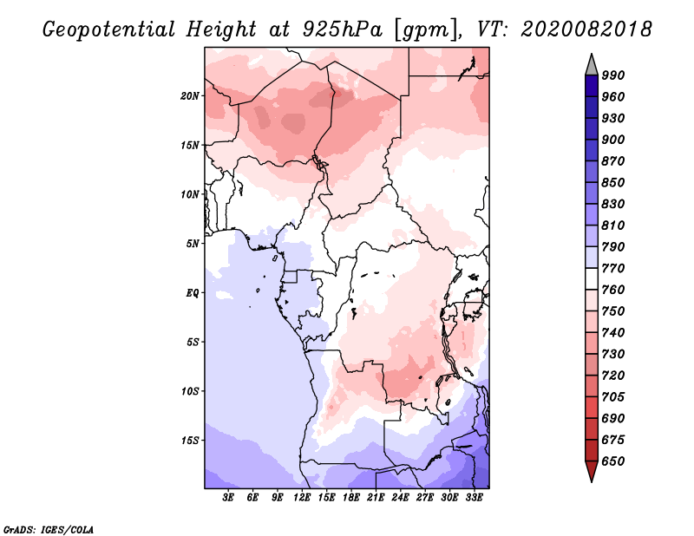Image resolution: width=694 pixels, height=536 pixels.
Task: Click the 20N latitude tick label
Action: [x=190, y=96]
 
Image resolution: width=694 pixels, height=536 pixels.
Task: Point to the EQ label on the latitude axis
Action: [x=193, y=293]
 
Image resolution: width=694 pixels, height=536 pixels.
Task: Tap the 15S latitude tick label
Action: [x=190, y=441]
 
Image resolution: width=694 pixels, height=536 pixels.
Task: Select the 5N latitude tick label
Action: [x=193, y=244]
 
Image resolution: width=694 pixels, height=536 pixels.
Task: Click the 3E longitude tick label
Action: [x=228, y=498]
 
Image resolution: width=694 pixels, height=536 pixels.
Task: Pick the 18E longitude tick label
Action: [x=351, y=498]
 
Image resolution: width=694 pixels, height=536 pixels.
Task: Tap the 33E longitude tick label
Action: [x=474, y=498]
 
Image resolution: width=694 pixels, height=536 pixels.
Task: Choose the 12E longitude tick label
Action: [x=302, y=498]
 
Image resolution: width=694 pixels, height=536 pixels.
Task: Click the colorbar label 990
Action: [x=613, y=75]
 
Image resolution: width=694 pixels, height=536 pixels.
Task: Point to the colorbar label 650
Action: [x=613, y=461]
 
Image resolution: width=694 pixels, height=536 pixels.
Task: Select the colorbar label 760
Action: [x=613, y=290]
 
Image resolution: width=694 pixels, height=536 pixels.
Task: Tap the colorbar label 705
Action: [x=613, y=397]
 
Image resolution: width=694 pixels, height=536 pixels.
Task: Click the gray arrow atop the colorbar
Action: [x=592, y=66]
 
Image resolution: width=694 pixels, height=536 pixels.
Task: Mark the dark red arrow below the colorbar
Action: [x=592, y=470]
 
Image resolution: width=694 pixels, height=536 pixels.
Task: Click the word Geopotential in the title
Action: [x=109, y=29]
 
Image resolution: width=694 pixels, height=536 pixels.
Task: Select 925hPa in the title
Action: [x=342, y=29]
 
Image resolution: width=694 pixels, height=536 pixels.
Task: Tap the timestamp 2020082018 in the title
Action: [x=586, y=29]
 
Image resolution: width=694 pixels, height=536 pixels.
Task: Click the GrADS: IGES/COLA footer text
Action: [x=49, y=530]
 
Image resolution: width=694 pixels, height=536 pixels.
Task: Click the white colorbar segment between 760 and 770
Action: [x=592, y=279]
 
